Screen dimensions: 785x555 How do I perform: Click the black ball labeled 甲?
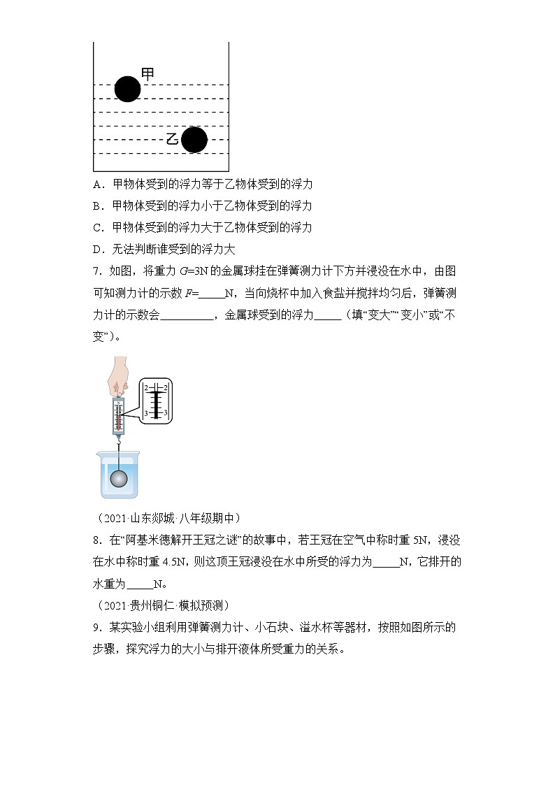(x=127, y=89)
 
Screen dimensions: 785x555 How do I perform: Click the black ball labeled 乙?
(x=194, y=140)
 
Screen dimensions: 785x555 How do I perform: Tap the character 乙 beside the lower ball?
(x=173, y=139)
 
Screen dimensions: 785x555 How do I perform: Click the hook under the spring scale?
(x=119, y=441)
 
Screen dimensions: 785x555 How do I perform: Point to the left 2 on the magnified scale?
(x=146, y=387)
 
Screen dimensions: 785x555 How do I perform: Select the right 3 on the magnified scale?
(x=165, y=414)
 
